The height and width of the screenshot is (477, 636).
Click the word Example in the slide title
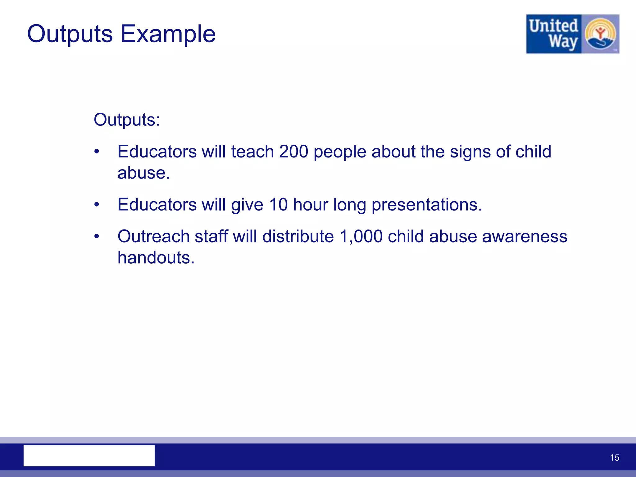[168, 34]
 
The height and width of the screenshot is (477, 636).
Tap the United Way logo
[572, 34]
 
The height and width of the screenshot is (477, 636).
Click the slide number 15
[614, 458]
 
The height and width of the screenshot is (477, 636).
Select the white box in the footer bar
[89, 456]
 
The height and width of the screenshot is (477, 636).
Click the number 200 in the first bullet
[293, 152]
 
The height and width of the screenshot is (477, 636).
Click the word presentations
[427, 205]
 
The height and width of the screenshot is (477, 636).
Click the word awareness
[525, 236]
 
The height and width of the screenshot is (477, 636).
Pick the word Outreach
[153, 236]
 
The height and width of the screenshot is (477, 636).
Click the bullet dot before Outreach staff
[97, 237]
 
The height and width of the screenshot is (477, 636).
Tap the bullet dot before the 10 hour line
[97, 205]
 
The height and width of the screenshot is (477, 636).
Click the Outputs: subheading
[127, 120]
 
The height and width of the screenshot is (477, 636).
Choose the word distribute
[298, 236]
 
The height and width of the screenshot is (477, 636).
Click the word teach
[252, 152]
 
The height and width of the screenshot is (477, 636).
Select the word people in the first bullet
[340, 152]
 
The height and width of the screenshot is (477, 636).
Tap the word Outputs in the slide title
[70, 34]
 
